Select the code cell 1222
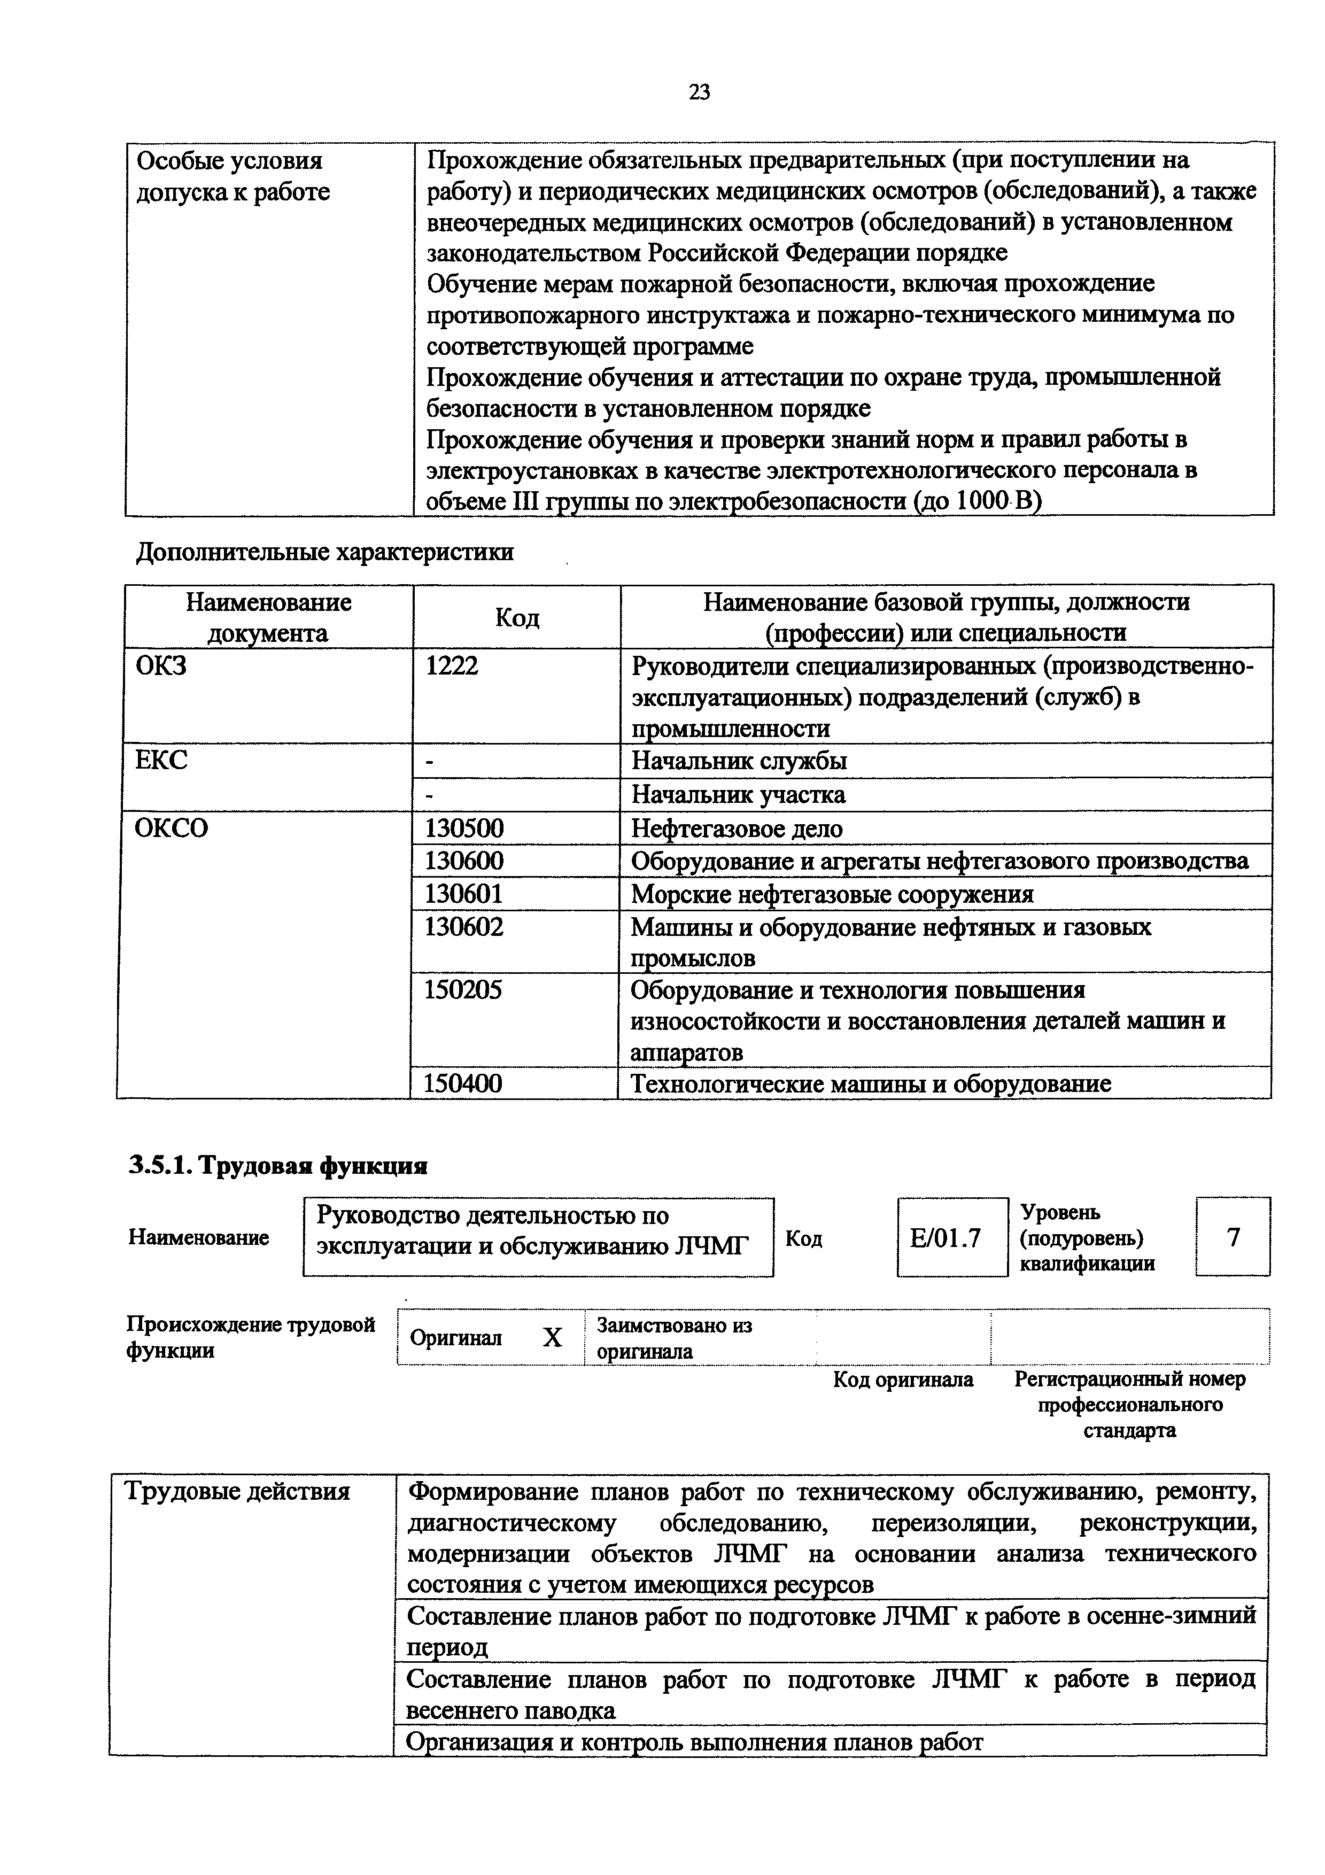452,667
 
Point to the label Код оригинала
902,1380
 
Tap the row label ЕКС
161,760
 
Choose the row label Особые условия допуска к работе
233,176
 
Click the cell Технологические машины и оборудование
870,1083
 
